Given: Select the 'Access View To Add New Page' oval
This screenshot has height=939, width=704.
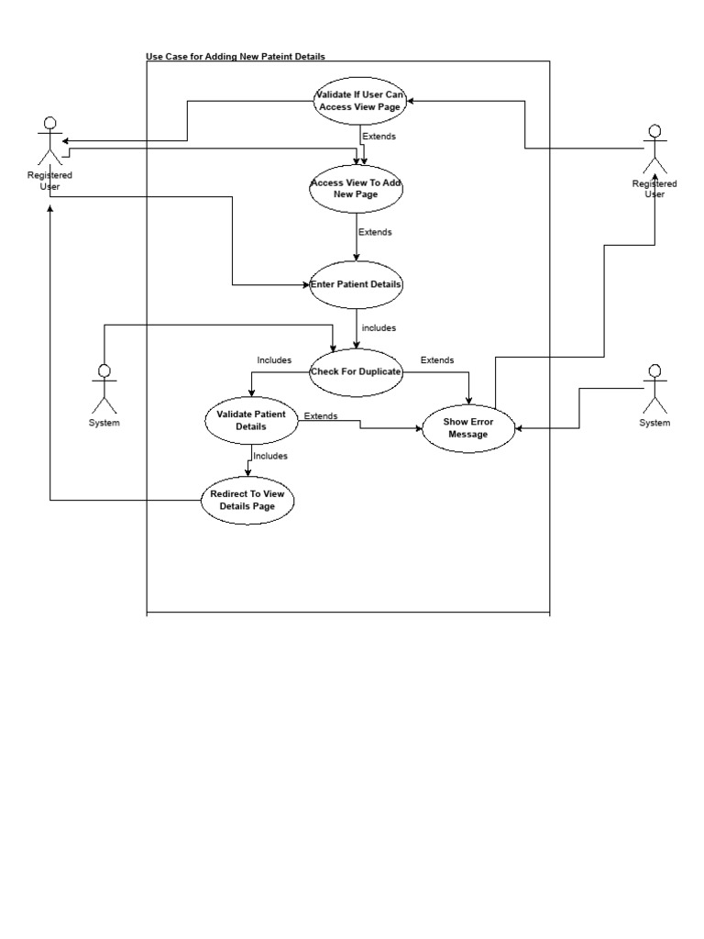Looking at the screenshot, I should click(x=356, y=188).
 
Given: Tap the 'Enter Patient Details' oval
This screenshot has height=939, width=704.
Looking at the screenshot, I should click(x=356, y=284).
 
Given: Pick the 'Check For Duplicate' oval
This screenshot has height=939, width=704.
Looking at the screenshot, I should click(x=356, y=371).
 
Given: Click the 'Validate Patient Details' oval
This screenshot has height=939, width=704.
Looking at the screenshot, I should click(x=250, y=420).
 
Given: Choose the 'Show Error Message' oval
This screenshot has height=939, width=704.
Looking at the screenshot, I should click(x=467, y=427).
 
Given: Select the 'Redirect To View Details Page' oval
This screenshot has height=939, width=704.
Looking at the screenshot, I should click(x=247, y=500).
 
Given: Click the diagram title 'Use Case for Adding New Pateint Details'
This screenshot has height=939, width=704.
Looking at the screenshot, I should click(x=236, y=57).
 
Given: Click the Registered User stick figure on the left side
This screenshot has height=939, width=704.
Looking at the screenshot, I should click(x=50, y=142).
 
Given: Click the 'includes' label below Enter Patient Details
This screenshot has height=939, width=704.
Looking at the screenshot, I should click(x=379, y=327).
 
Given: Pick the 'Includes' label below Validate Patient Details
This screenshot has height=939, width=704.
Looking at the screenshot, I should click(x=269, y=456).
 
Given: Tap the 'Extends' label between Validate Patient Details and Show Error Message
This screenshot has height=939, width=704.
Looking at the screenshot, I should click(x=320, y=416).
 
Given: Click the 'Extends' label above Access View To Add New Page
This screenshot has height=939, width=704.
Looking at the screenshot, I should click(x=379, y=137).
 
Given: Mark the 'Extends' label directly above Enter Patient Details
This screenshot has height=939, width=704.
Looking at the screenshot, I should click(x=375, y=232).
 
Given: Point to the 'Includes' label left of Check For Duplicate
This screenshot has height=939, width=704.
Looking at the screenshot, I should click(x=274, y=360).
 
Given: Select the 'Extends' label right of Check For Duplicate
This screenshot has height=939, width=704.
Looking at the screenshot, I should click(x=436, y=360).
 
